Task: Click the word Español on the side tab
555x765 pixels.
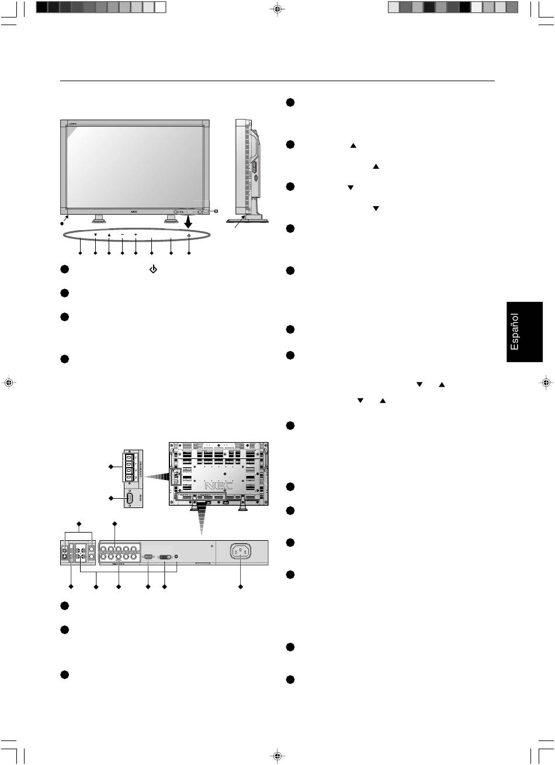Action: pos(514,332)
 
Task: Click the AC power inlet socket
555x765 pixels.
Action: pos(241,552)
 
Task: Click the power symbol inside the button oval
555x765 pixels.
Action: pos(189,235)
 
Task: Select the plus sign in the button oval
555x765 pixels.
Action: pos(136,235)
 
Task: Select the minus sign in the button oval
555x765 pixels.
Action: pos(122,235)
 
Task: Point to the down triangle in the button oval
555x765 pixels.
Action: pos(95,235)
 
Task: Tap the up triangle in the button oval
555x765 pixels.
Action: pos(109,235)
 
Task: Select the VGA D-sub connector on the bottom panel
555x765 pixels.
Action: pos(148,557)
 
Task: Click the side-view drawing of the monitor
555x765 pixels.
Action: pos(248,169)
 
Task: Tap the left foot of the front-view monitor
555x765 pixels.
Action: pos(98,219)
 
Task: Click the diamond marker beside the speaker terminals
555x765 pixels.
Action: pos(111,467)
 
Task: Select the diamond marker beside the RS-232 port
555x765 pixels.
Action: pos(111,498)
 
